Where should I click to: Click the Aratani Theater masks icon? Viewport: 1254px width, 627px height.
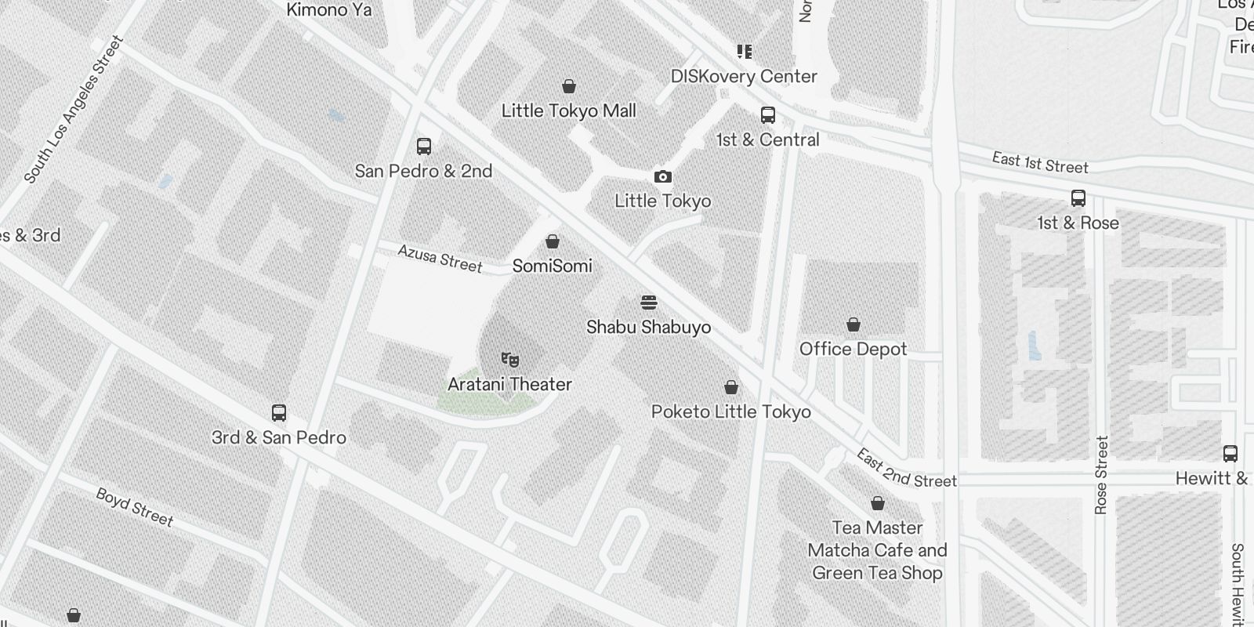tap(510, 360)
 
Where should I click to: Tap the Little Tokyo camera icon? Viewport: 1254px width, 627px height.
tap(663, 177)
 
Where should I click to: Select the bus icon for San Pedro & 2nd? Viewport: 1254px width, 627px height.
tap(424, 147)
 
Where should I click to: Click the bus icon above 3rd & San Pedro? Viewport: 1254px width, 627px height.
tap(279, 413)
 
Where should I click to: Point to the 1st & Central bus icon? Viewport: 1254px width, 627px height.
tap(768, 115)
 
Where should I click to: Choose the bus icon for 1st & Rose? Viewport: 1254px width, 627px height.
tap(1078, 198)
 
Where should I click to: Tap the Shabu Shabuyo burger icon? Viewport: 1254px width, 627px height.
tap(649, 303)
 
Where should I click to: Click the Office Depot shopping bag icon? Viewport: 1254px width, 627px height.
tap(854, 324)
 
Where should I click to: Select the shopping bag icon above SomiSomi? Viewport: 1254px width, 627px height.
tap(553, 241)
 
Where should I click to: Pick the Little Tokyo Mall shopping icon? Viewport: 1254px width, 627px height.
tap(569, 86)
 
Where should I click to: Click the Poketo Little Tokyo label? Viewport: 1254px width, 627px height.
tap(731, 411)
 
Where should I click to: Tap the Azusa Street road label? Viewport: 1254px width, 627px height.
tap(440, 259)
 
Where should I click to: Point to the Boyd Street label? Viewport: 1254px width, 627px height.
tap(135, 507)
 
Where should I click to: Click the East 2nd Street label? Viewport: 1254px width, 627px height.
tap(906, 469)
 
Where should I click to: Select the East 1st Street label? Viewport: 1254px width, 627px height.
tap(1040, 163)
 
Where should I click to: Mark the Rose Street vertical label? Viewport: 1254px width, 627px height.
tap(1101, 475)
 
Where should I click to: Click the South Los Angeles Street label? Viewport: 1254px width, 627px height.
tap(74, 110)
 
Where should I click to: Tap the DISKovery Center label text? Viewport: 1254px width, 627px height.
tap(744, 76)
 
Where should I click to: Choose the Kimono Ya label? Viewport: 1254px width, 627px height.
tap(329, 10)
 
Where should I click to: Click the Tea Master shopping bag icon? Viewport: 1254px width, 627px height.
tap(878, 503)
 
